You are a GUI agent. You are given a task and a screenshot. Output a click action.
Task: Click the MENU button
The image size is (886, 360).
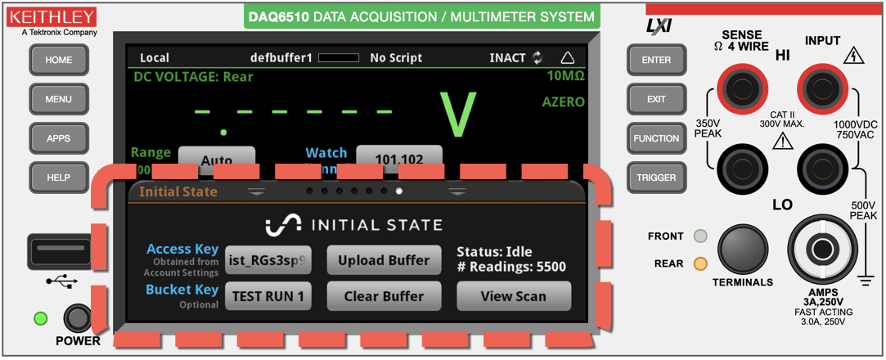[x=59, y=99]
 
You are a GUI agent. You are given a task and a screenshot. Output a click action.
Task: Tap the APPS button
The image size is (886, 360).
[x=59, y=138]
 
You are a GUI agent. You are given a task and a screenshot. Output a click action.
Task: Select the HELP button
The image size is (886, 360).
[x=59, y=178]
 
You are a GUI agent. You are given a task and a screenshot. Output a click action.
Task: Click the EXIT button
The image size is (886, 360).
[x=656, y=99]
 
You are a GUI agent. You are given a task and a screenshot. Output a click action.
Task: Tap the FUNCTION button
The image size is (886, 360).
[x=656, y=138]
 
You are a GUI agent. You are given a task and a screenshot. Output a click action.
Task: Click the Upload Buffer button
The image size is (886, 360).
[x=384, y=260]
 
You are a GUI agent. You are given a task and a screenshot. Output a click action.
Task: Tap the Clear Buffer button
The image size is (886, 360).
[x=384, y=296]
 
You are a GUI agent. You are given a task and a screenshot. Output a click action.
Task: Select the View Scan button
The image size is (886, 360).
[x=513, y=296]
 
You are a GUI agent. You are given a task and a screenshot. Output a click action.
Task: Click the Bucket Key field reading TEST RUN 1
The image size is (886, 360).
[x=268, y=296]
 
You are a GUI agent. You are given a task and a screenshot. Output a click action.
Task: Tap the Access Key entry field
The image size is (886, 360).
[x=268, y=260]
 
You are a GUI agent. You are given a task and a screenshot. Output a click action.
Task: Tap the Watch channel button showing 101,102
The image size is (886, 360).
[x=398, y=159]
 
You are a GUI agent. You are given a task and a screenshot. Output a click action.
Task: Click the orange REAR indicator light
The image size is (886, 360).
[x=699, y=263]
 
